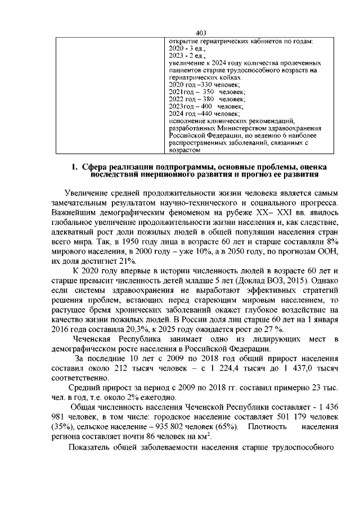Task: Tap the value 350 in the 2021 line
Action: pos(208,91)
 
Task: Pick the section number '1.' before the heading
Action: pos(74,167)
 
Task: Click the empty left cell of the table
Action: pos(107,96)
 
